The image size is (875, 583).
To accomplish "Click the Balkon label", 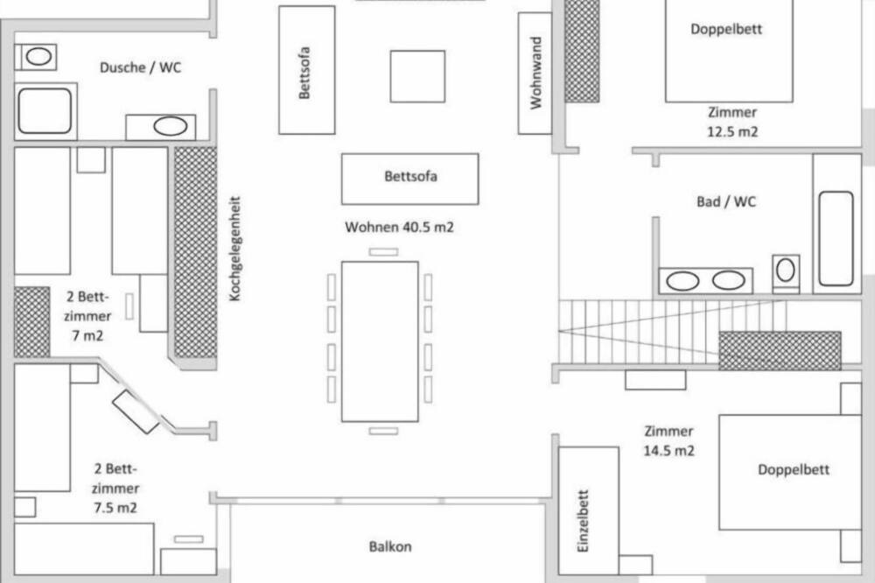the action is [x=390, y=546].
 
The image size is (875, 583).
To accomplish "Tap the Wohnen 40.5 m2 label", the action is [x=399, y=228].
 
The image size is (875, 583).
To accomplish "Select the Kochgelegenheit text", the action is [x=234, y=249].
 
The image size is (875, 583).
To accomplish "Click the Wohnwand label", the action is [x=535, y=74].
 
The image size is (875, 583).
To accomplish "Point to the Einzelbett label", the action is [x=583, y=522].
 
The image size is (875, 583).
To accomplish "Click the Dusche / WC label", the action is [x=141, y=67].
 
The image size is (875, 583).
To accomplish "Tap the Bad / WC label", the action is [x=726, y=201].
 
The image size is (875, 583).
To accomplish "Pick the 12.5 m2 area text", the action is [x=732, y=132].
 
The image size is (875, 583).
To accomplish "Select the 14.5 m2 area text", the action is [x=669, y=451].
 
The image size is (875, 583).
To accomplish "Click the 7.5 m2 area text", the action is [x=115, y=508].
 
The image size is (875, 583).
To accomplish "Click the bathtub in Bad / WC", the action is [x=836, y=238].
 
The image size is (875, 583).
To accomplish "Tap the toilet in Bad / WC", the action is [x=786, y=272].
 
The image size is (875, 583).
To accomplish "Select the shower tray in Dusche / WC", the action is [x=45, y=111].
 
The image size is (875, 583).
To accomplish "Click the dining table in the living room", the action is [x=380, y=341].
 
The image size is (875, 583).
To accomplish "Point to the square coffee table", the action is [x=417, y=76].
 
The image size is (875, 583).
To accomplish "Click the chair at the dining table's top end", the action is [x=383, y=252].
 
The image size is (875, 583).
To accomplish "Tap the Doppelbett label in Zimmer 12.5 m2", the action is [x=726, y=29].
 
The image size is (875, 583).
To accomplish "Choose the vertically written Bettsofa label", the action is [x=304, y=73].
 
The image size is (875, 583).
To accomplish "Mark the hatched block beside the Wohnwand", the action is [x=582, y=51].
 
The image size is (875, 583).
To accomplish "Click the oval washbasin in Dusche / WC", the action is [x=171, y=126].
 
